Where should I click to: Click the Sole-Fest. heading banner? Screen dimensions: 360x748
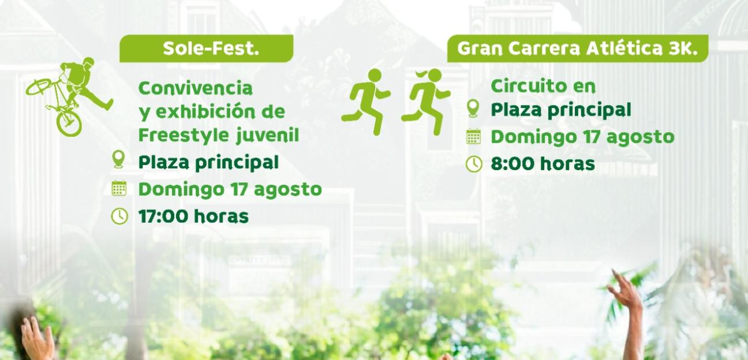(207, 48)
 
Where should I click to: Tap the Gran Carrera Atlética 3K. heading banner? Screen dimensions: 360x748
(577, 48)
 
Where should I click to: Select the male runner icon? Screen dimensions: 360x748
(366, 101)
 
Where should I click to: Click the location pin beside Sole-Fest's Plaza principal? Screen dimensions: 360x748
(118, 160)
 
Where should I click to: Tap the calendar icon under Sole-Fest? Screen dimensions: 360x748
(118, 188)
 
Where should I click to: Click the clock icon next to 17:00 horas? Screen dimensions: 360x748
(118, 216)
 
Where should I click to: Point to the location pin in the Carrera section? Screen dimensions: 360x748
(473, 108)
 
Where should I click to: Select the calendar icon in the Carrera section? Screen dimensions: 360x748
(473, 137)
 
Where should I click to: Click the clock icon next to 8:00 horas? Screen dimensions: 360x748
(473, 164)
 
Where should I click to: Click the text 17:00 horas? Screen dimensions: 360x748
(193, 216)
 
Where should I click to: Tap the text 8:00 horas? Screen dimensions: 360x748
(543, 164)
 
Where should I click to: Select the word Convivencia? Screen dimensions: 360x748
(196, 88)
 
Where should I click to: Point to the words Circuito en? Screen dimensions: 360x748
(535, 86)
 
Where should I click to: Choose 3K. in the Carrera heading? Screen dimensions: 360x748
(683, 48)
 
